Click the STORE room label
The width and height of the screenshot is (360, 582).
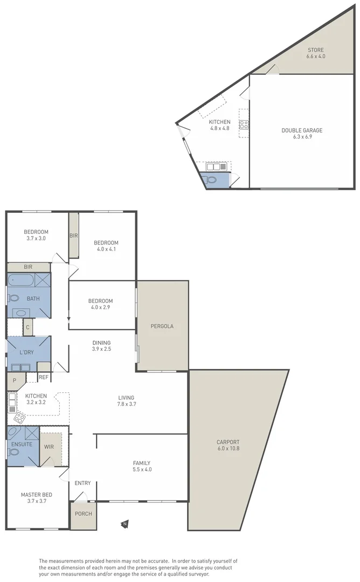point(316,50)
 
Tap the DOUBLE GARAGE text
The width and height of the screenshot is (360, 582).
point(302,130)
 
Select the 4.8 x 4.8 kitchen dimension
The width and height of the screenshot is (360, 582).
point(220,129)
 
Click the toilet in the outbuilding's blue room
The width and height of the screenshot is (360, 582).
point(211,180)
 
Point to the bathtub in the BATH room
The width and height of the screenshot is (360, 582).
point(21,280)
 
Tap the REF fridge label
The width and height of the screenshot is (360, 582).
point(43,378)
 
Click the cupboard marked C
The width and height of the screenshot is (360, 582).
point(27,327)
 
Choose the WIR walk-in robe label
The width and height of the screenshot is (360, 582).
point(49,447)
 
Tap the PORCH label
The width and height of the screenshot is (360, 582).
point(83,514)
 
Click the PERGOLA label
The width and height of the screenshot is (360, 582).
point(162,326)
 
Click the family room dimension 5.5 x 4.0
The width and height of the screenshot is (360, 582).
point(142,469)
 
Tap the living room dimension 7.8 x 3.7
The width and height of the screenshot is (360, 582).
point(127,404)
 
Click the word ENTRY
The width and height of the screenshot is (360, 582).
point(82,483)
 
